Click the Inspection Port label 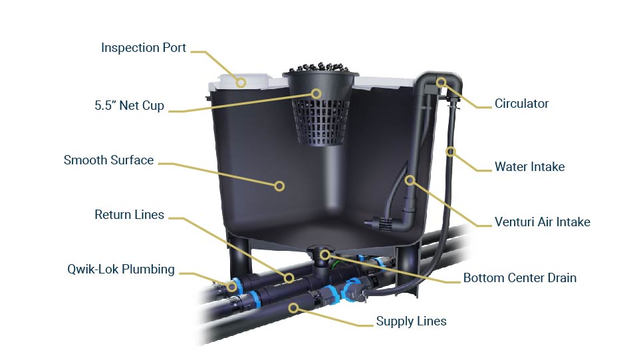click(144, 48)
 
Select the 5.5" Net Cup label click(128, 105)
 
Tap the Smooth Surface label click(108, 160)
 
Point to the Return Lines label click(129, 214)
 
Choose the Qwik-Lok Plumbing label click(120, 270)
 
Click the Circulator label click(521, 103)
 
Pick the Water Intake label click(529, 166)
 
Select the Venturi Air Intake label click(542, 222)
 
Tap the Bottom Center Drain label click(519, 277)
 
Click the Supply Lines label click(411, 321)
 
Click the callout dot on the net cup click(317, 94)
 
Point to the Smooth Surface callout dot click(280, 186)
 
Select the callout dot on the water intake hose click(450, 152)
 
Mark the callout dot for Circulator click(441, 82)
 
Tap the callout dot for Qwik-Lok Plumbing click(231, 287)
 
